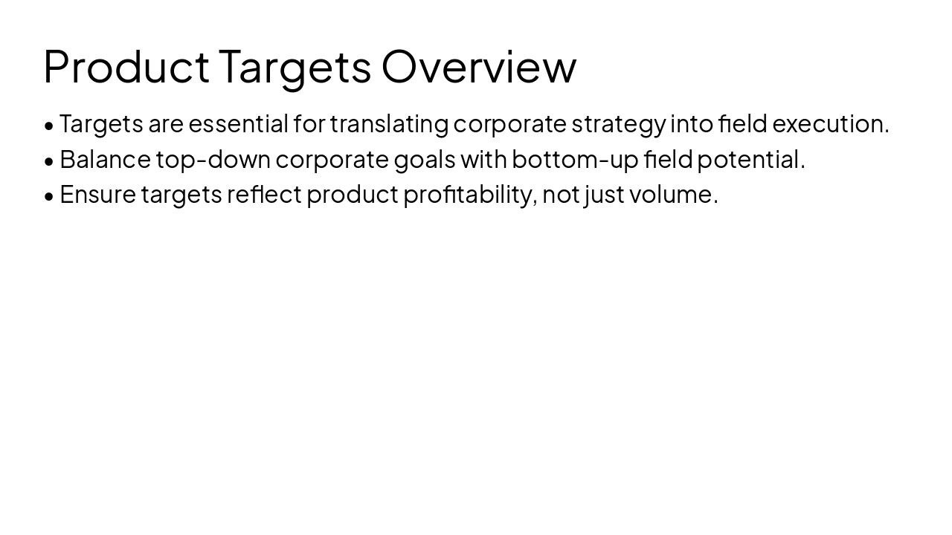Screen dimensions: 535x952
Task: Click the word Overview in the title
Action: [x=479, y=66]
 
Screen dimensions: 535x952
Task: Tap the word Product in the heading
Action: [x=126, y=66]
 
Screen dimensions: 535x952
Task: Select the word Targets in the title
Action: [x=295, y=66]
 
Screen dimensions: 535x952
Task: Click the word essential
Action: [x=238, y=123]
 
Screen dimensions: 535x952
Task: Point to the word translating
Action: [x=389, y=123]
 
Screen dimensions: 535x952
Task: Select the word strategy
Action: [x=618, y=123]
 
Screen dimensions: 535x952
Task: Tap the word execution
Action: [x=830, y=123]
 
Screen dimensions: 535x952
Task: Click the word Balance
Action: [x=105, y=159]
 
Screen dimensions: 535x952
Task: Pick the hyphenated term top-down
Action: [x=213, y=159]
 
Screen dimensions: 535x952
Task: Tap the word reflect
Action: [x=264, y=194]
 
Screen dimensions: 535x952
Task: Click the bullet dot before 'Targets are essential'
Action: [x=49, y=125]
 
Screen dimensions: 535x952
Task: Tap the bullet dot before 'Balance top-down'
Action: [x=49, y=160]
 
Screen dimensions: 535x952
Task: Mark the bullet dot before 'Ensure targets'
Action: [x=49, y=195]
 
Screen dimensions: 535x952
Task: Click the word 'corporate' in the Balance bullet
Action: [x=332, y=159]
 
